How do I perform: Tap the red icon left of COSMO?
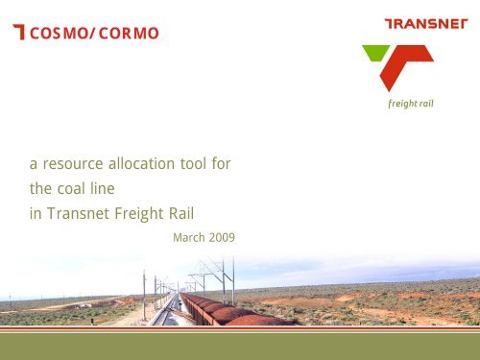click(18, 35)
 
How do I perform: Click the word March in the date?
click(190, 236)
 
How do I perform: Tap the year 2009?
click(223, 236)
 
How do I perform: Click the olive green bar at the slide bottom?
click(240, 343)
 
